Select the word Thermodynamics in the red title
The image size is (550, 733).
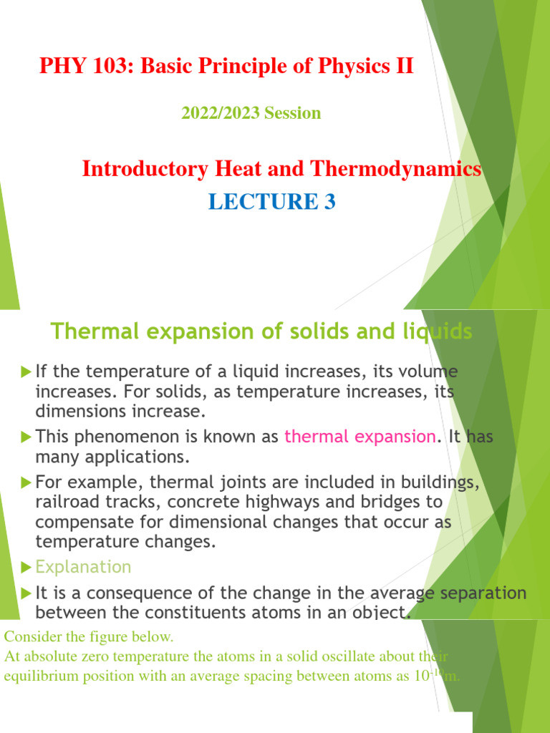[395, 169]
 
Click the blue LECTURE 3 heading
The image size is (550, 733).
[271, 201]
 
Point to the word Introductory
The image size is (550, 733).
[145, 169]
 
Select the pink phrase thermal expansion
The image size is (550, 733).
[360, 436]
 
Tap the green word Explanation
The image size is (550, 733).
[83, 567]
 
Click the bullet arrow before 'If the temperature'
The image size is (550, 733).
[26, 372]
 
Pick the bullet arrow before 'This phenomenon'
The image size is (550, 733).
[26, 437]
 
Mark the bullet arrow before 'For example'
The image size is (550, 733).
[26, 482]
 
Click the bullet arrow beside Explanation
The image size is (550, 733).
[26, 568]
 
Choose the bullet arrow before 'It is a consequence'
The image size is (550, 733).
[26, 593]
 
